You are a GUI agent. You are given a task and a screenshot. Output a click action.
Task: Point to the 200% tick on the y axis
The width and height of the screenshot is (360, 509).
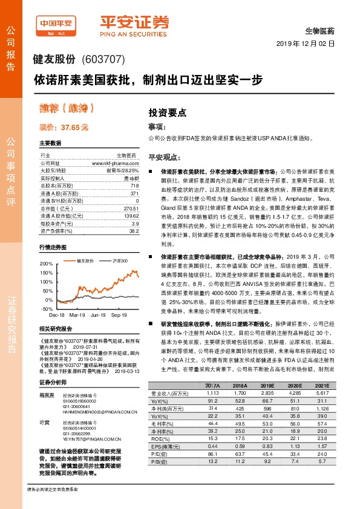click(46, 264)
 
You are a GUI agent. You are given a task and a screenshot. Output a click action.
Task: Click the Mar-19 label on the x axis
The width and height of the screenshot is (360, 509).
click(77, 314)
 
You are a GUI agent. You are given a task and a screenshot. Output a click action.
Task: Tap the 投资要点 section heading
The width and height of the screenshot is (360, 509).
click(167, 112)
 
